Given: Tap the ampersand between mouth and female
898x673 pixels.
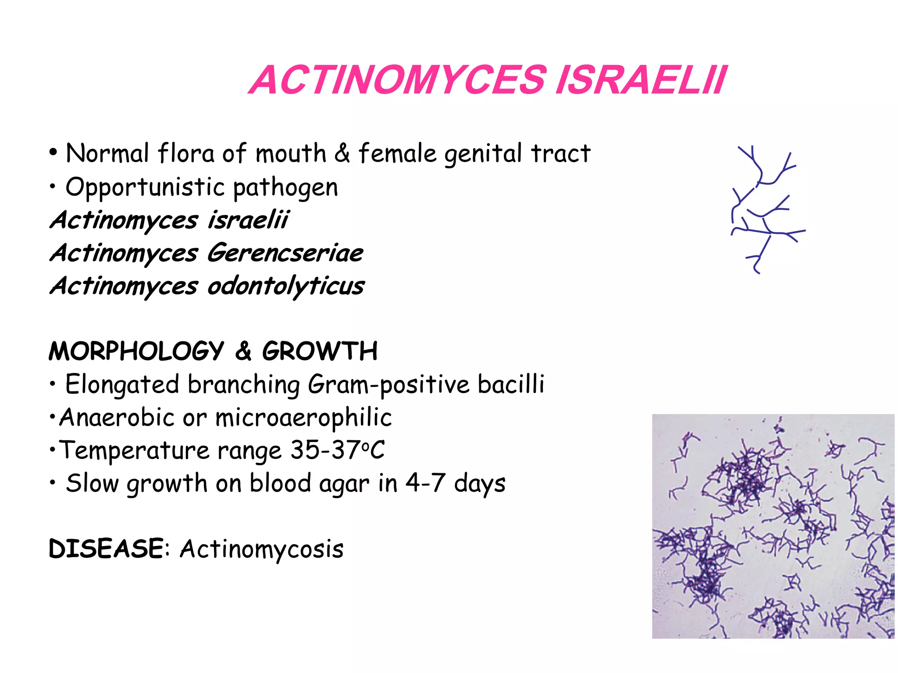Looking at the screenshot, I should (342, 153).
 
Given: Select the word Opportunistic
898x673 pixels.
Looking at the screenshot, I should (145, 188).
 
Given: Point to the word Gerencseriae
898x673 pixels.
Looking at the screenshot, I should (285, 253).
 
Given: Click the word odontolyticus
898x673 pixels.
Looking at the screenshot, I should (286, 287).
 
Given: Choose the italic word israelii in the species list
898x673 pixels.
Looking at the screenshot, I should (248, 220).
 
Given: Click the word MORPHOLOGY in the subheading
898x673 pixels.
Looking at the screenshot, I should (136, 351).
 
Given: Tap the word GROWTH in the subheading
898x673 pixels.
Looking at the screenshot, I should (320, 351).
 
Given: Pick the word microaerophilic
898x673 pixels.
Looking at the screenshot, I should (303, 418).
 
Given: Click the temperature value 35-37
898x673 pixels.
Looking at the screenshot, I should (325, 450).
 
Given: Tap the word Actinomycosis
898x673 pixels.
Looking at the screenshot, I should (262, 549).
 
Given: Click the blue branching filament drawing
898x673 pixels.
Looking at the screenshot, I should (765, 210).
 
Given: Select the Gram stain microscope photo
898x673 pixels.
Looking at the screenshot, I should (773, 526).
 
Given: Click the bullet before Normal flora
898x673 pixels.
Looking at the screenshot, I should (53, 153).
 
